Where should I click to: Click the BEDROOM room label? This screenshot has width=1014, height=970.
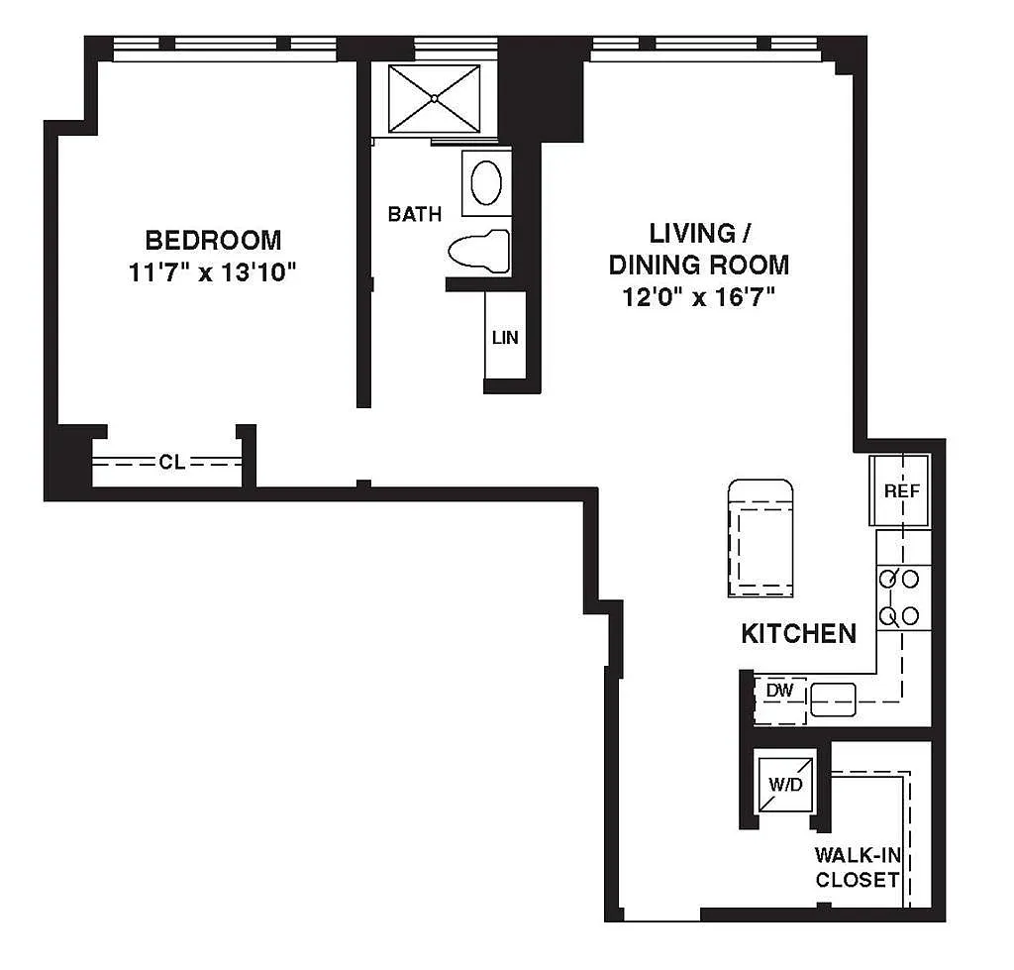coord(213,240)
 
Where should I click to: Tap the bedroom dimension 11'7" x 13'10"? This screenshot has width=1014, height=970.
coord(212,271)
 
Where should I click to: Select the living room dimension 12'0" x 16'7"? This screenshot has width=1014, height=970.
coord(698,297)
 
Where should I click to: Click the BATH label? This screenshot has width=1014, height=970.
coord(415,214)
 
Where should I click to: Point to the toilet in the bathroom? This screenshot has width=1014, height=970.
coord(479,251)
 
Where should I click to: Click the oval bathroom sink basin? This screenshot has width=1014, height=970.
coord(486,183)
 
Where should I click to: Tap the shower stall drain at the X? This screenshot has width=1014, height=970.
coord(435,99)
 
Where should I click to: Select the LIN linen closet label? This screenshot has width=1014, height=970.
coord(505,337)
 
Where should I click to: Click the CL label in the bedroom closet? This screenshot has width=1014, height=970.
coord(172,462)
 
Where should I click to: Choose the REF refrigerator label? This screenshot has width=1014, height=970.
coord(901,491)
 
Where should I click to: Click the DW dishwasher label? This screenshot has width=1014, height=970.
coord(779,691)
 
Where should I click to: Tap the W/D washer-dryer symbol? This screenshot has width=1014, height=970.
coord(785,785)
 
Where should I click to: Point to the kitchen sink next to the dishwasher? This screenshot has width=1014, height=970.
coord(834,701)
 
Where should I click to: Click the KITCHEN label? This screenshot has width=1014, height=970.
coord(799,633)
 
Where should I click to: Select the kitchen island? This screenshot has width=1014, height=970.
coord(760,538)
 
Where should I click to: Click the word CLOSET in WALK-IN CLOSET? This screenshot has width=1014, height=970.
coord(858,880)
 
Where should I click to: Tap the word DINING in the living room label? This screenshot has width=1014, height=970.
coord(654,265)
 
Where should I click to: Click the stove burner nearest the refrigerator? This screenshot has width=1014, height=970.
coord(888,579)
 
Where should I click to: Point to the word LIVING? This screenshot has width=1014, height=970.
coord(692,233)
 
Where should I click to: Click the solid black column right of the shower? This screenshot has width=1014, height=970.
coord(541,90)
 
